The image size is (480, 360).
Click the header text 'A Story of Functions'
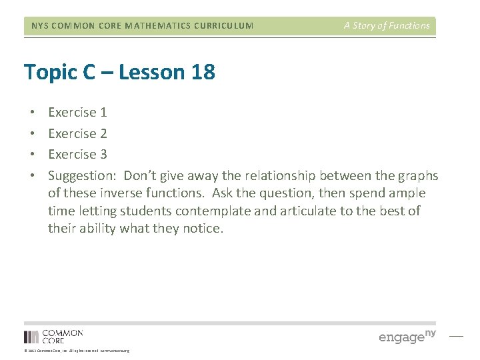tap(387, 25)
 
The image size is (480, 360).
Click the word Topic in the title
tap(49, 72)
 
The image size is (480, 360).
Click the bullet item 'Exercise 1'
tap(77, 113)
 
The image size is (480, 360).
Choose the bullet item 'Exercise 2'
tap(77, 133)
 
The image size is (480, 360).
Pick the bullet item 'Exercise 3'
tap(77, 154)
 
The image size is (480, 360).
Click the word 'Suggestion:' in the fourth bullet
tap(83, 176)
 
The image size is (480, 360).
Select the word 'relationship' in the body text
tap(280, 176)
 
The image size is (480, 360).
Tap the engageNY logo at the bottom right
tap(407, 336)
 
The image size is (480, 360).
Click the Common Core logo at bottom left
tap(53, 336)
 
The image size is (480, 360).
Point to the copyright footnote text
tap(77, 351)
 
